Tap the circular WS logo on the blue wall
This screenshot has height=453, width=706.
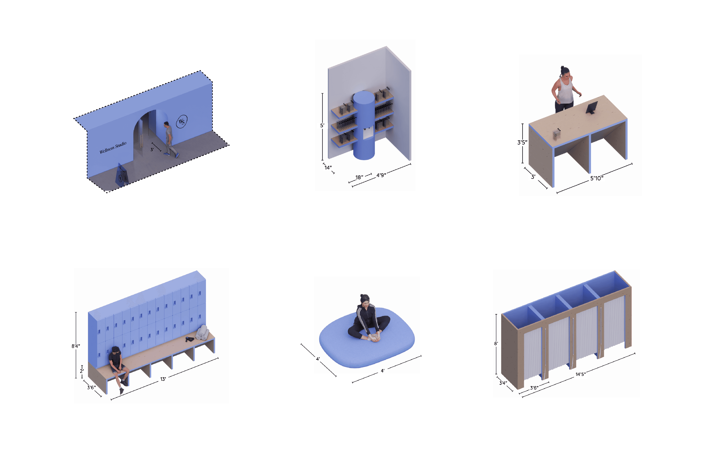(x=182, y=121)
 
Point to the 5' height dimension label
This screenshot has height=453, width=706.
(x=322, y=125)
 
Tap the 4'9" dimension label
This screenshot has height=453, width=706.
(x=381, y=175)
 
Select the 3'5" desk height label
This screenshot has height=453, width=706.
(x=522, y=142)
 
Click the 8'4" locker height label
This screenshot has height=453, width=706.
(x=76, y=346)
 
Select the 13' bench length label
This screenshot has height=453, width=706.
(x=163, y=379)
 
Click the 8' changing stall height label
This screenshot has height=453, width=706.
(x=496, y=344)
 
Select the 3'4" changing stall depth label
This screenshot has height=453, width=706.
(x=503, y=383)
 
